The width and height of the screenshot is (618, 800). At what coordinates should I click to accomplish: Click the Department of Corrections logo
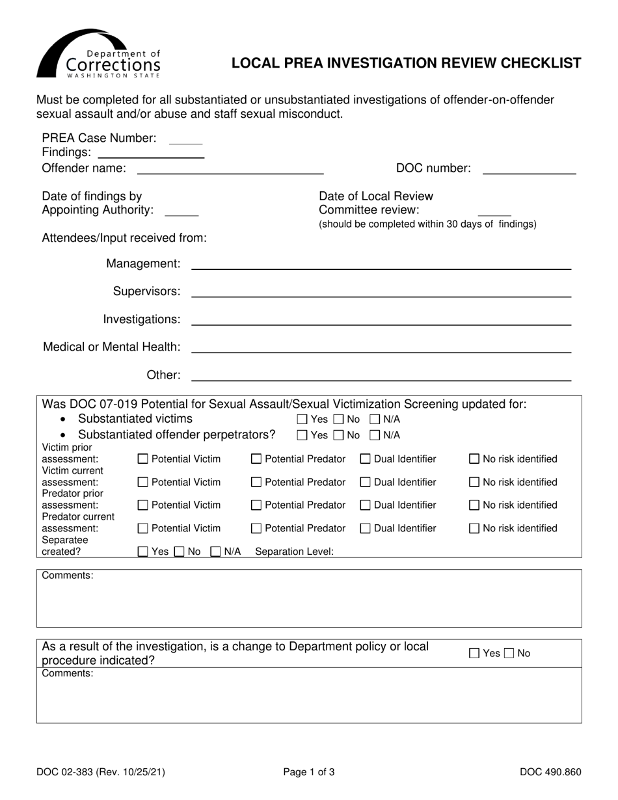click(x=98, y=55)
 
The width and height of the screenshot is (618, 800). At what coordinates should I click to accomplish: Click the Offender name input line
click(x=230, y=169)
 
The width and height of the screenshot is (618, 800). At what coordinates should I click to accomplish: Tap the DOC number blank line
click(x=529, y=169)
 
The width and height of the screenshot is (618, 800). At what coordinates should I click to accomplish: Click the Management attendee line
click(x=381, y=264)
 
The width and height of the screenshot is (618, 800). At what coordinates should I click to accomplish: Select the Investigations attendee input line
click(x=381, y=319)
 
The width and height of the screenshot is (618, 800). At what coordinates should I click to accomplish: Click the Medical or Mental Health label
click(x=111, y=347)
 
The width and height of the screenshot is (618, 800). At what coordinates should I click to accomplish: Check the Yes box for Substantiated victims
click(x=302, y=420)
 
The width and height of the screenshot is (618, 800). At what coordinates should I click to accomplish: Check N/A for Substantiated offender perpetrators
click(x=375, y=435)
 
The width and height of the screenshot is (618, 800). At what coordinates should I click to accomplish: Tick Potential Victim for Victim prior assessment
click(x=143, y=459)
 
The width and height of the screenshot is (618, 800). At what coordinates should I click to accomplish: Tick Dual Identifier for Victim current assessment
click(x=365, y=483)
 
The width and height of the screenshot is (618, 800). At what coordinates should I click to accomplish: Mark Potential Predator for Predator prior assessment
click(x=256, y=505)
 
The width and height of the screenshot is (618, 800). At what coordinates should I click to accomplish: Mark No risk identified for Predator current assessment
click(x=475, y=529)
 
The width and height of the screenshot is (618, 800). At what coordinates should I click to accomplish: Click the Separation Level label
click(x=294, y=552)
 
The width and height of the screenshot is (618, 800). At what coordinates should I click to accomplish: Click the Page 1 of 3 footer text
click(x=309, y=773)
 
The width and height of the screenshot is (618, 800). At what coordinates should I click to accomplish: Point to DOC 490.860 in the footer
click(x=550, y=773)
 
